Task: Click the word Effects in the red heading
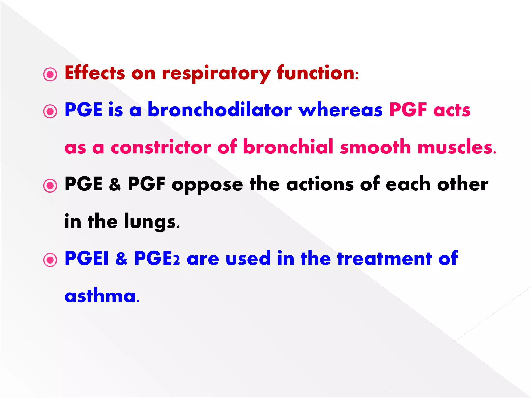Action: (95, 73)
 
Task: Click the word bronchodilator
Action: (220, 110)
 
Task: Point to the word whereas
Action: (340, 110)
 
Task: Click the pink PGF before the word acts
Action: (408, 110)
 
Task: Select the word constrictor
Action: (161, 147)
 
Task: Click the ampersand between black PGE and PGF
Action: (115, 184)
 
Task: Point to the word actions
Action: (320, 184)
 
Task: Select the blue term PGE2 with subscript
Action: (157, 258)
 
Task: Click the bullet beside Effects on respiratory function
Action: (50, 75)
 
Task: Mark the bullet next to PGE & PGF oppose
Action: (50, 186)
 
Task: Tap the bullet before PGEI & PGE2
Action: (50, 260)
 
